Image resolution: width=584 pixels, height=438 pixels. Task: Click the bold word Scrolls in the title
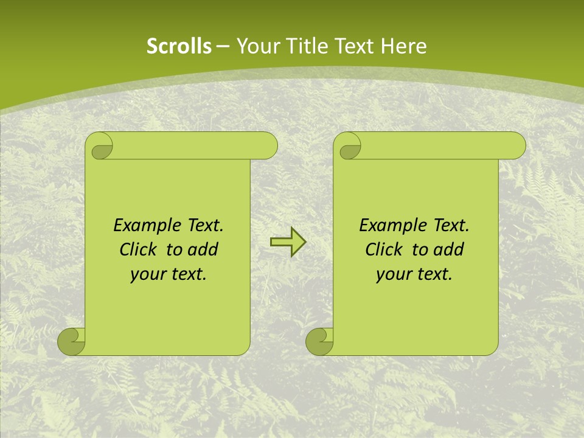[179, 46]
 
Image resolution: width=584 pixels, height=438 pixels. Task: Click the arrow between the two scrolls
[288, 242]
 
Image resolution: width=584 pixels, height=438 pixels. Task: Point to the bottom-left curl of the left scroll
[72, 341]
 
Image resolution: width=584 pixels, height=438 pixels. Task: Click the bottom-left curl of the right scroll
[319, 341]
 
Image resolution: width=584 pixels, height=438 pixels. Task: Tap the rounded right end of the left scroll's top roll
[268, 146]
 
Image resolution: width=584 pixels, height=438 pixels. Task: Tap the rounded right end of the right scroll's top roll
[516, 146]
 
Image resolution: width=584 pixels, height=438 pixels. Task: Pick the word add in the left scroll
[204, 249]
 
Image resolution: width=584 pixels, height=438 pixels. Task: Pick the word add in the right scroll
[450, 249]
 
